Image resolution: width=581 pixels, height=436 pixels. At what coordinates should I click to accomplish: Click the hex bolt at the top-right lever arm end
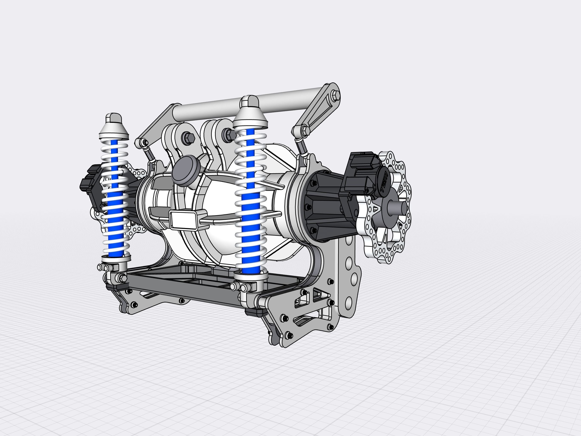pos(335,95)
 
